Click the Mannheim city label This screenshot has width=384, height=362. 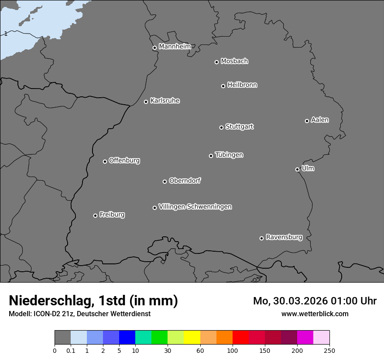pyautogui.click(x=175, y=47)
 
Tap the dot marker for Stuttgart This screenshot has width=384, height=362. pyautogui.click(x=221, y=127)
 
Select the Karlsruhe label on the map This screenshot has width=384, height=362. pyautogui.click(x=165, y=101)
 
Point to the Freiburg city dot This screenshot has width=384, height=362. pyautogui.click(x=95, y=215)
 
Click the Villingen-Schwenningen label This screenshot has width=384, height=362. pyautogui.click(x=195, y=207)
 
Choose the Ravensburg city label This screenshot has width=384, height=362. pyautogui.click(x=284, y=237)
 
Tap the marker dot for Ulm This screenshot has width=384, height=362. pyautogui.click(x=297, y=169)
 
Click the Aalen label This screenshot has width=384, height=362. pyautogui.click(x=320, y=120)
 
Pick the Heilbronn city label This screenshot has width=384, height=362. pyautogui.click(x=242, y=85)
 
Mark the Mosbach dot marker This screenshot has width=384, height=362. pyautogui.click(x=216, y=62)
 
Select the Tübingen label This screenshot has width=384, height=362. pyautogui.click(x=229, y=155)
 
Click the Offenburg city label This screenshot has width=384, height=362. pyautogui.click(x=124, y=161)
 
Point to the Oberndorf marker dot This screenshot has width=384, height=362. pyautogui.click(x=165, y=181)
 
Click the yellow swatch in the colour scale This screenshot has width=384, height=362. pyautogui.click(x=192, y=338)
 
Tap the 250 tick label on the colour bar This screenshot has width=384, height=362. pyautogui.click(x=329, y=350)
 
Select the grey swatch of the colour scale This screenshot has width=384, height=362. pyautogui.click(x=62, y=338)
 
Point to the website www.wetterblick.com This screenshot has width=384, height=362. pyautogui.click(x=315, y=314)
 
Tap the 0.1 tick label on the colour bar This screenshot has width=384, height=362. pyautogui.click(x=70, y=350)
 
